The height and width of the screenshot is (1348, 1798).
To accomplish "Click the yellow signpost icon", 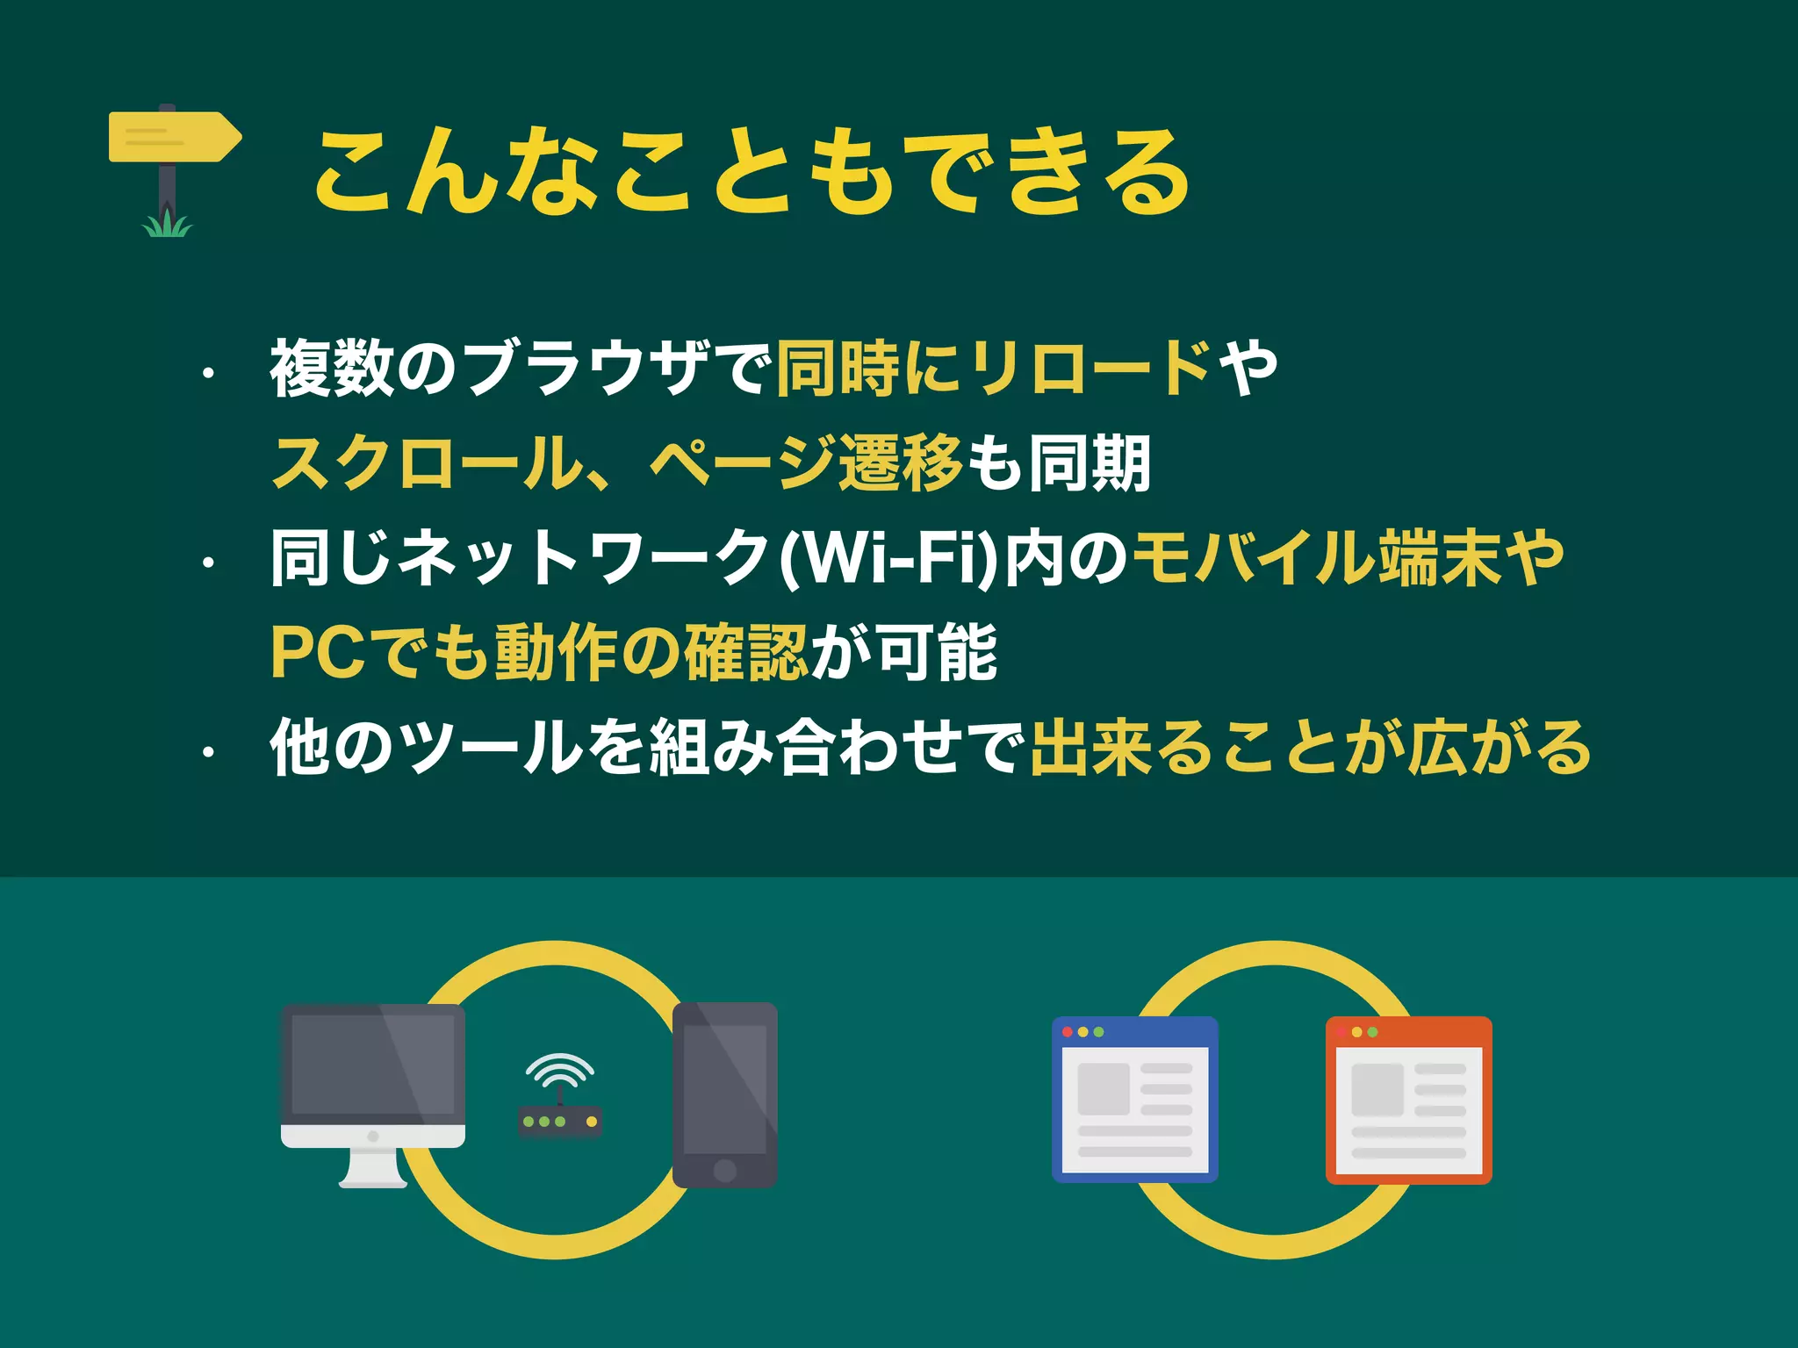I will click(174, 137).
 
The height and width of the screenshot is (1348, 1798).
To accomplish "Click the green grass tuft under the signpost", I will click(167, 226).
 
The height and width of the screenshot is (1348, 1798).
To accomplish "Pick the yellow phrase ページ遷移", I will click(806, 463).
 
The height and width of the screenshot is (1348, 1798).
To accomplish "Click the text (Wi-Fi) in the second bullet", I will click(888, 558).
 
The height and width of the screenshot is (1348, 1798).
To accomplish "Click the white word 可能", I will click(937, 652).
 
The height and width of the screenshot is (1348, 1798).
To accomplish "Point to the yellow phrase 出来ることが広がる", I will click(1310, 748).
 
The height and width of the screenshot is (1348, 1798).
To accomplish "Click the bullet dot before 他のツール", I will click(208, 752).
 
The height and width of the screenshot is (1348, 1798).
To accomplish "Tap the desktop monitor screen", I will click(373, 1065).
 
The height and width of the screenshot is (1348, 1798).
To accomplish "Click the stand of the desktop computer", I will click(373, 1167).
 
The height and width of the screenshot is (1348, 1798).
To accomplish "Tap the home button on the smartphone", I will click(725, 1170).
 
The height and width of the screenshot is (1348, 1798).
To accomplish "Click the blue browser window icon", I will click(1134, 1100).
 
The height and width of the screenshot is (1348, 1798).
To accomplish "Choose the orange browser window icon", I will click(1408, 1100).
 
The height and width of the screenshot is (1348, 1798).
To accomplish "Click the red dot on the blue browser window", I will click(1067, 1032).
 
